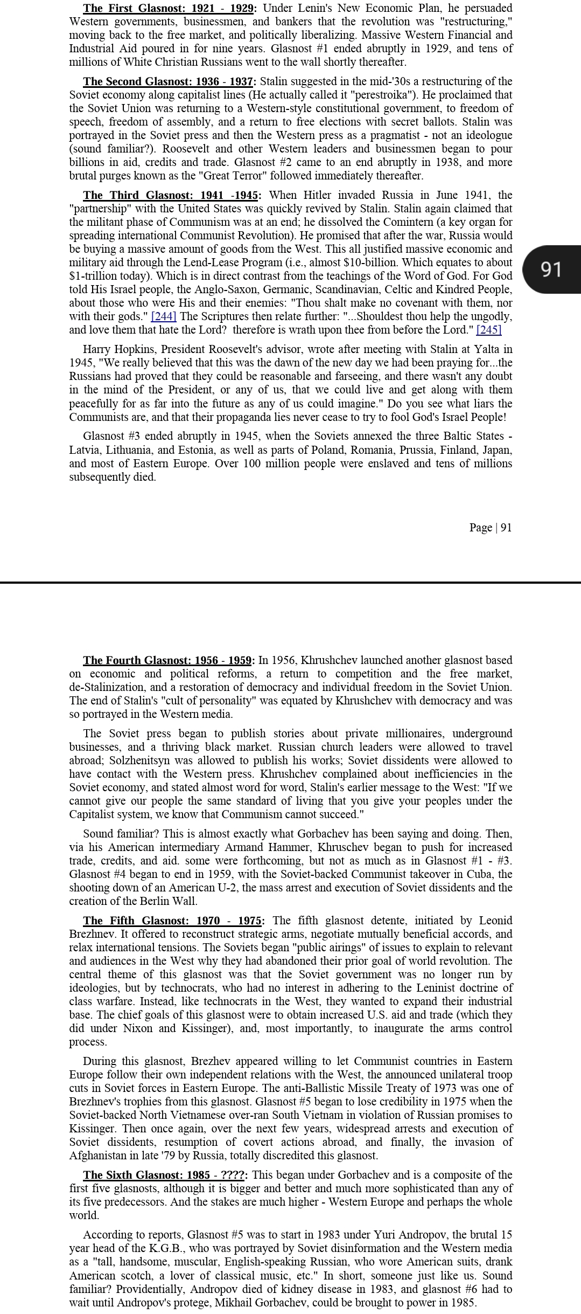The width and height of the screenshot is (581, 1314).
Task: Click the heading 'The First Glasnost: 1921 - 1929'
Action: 169,8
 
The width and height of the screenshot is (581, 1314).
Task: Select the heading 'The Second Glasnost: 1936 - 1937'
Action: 169,81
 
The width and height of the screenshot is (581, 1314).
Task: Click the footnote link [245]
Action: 488,330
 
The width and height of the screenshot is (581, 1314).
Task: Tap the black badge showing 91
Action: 551,269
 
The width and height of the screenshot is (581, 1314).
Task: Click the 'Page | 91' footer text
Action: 490,527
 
